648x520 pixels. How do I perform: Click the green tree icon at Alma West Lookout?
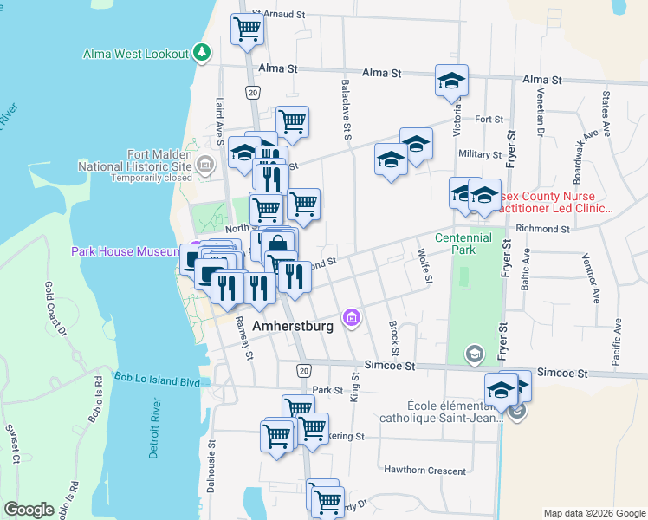[x=202, y=53]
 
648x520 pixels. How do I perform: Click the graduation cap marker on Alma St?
[x=450, y=81]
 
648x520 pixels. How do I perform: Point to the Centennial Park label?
[x=463, y=244]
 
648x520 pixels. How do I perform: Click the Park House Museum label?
[x=125, y=251]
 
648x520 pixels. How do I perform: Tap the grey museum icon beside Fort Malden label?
[x=205, y=165]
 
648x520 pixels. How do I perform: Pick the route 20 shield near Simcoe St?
[x=303, y=370]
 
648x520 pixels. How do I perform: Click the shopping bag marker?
[x=278, y=244]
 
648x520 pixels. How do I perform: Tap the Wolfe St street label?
[x=424, y=266]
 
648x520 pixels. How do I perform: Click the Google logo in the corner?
[x=29, y=510]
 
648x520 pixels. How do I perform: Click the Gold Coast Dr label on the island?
[x=56, y=309]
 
